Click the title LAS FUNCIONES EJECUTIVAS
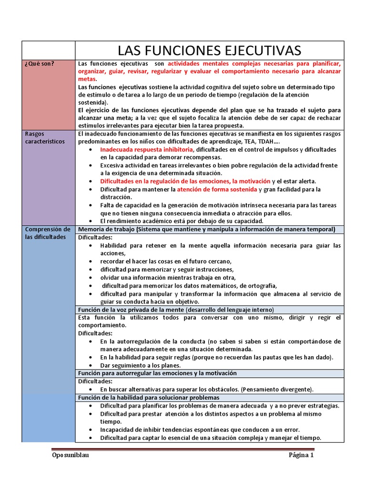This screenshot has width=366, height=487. tap(209, 50)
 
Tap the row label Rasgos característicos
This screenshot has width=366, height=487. tap(45, 138)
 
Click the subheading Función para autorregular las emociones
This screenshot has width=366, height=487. tap(157, 373)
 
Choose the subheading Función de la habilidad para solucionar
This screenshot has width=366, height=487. tap(149, 398)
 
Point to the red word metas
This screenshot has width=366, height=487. tap(87, 79)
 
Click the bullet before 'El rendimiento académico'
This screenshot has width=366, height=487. tap(91, 221)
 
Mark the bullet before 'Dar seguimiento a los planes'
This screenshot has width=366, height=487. tap(91, 365)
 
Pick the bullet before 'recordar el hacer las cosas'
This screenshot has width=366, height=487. tap(91, 262)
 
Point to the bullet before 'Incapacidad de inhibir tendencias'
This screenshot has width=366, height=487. tap(91, 430)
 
